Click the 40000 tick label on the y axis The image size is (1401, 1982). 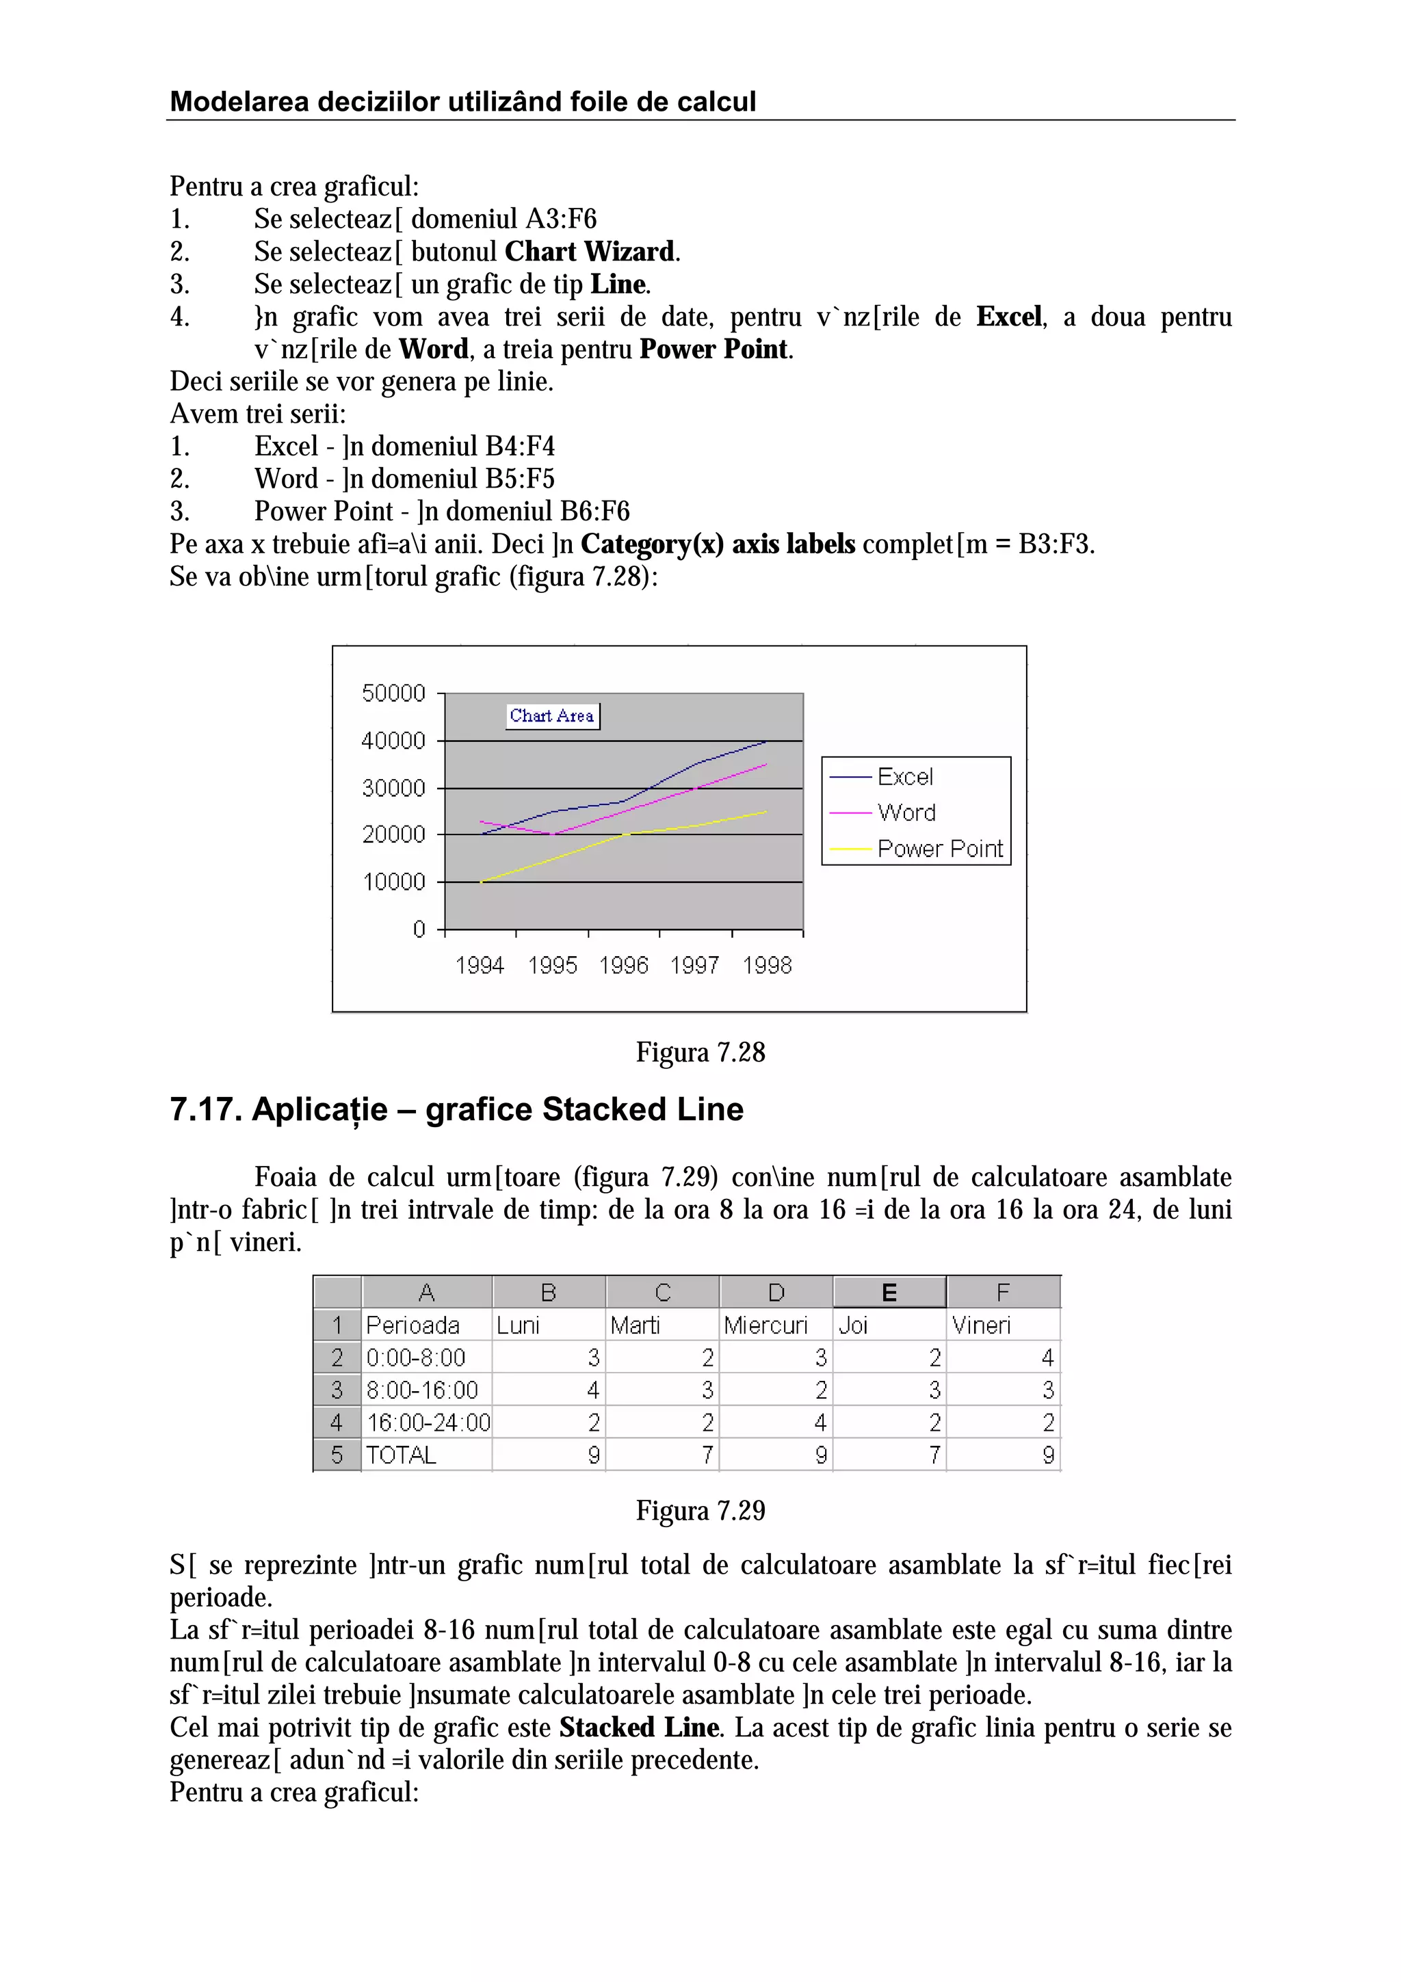[x=393, y=741]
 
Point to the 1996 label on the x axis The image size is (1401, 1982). [x=623, y=965]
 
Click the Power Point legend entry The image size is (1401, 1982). [x=939, y=849]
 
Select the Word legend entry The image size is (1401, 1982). [x=906, y=812]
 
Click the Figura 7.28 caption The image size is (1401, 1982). [x=700, y=1053]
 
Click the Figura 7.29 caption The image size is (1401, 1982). [x=700, y=1511]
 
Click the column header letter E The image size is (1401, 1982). [x=889, y=1293]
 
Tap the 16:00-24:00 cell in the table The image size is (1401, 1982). [x=428, y=1423]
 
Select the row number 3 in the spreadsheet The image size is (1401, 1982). [x=337, y=1390]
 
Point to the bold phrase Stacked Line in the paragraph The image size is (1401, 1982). [x=638, y=1728]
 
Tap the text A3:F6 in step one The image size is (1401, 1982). [x=560, y=220]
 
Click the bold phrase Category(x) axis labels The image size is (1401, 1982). [x=718, y=544]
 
